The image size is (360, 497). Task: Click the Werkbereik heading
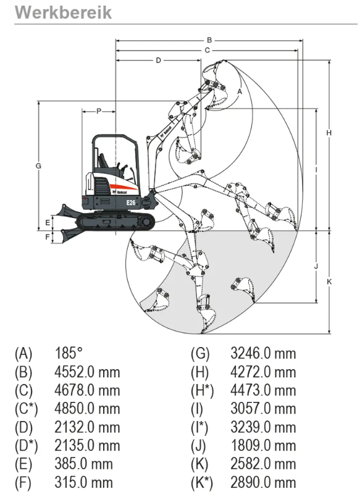pyautogui.click(x=64, y=12)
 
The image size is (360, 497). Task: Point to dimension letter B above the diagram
pyautogui.click(x=209, y=40)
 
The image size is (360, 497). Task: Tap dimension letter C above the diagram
pyautogui.click(x=207, y=50)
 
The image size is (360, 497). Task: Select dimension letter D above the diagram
pyautogui.click(x=159, y=61)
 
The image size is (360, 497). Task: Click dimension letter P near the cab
pyautogui.click(x=99, y=111)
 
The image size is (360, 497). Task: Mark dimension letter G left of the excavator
pyautogui.click(x=38, y=165)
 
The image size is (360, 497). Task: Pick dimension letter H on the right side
pyautogui.click(x=329, y=133)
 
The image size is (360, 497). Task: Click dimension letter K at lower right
pyautogui.click(x=329, y=281)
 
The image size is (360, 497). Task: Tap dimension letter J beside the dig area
pyautogui.click(x=316, y=266)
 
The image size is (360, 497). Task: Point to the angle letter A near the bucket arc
pyautogui.click(x=240, y=91)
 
